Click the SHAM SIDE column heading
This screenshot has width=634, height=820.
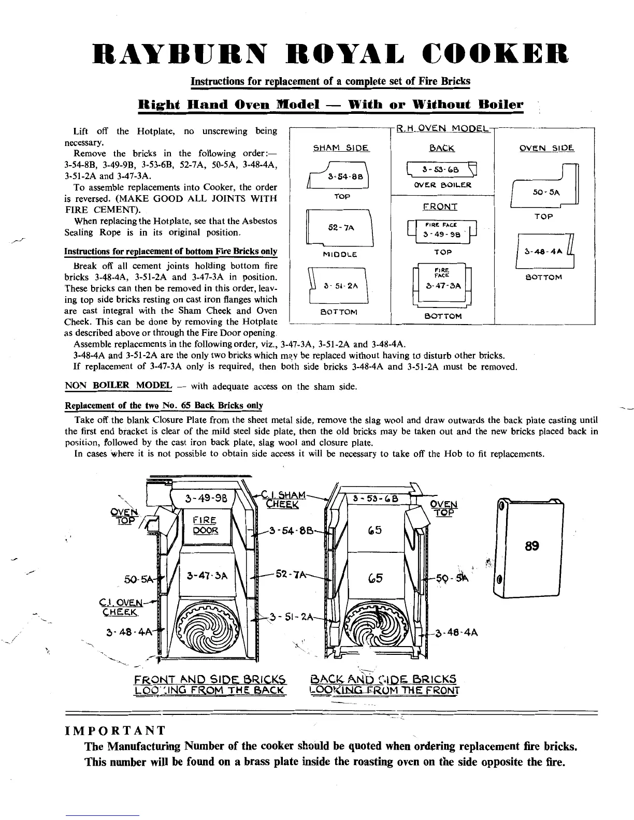[340, 148]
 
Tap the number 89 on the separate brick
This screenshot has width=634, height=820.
[532, 546]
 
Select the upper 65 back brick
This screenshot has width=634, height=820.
[376, 531]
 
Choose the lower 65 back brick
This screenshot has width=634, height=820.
[376, 578]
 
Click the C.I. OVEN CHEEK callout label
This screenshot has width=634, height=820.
[119, 606]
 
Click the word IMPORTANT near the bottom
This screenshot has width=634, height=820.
[115, 730]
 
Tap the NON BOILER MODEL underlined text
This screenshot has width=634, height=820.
[118, 385]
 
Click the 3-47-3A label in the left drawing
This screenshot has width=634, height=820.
[206, 574]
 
